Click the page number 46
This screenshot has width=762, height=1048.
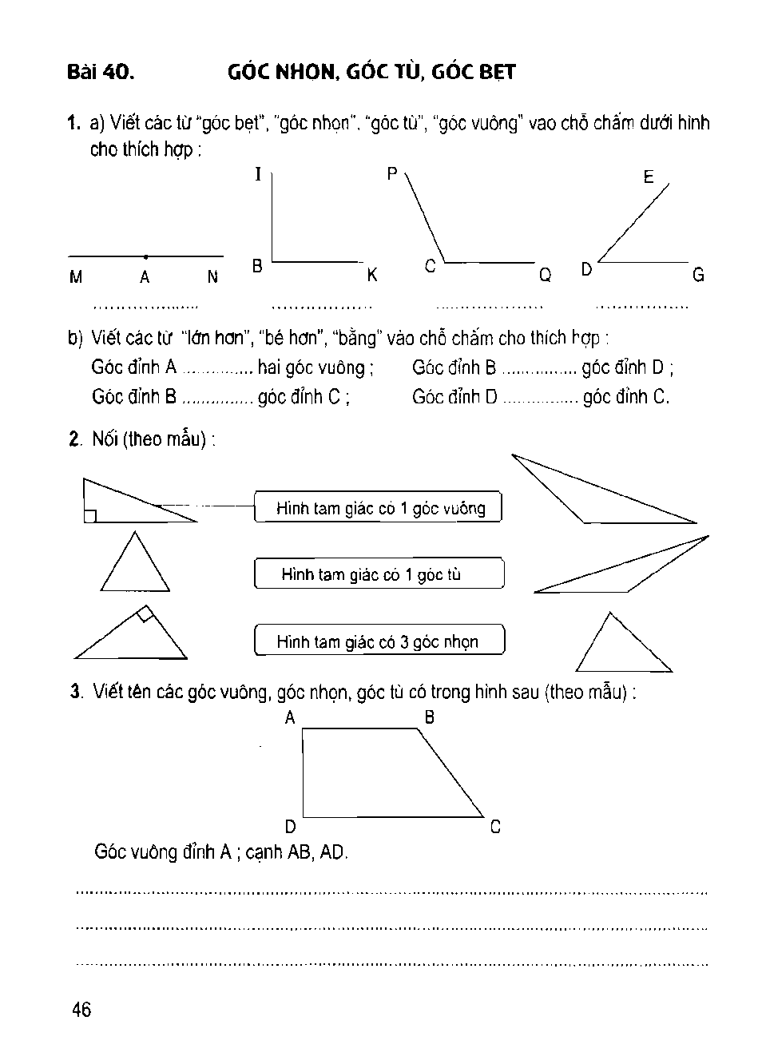[x=81, y=1010]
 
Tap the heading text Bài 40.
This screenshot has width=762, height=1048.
[x=101, y=73]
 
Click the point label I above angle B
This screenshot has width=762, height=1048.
[x=258, y=174]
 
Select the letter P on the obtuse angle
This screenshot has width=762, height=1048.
[x=392, y=173]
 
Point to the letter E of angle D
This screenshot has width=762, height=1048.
[x=649, y=177]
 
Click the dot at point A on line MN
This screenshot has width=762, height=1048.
[x=145, y=257]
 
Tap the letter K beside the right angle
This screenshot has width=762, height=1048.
[x=372, y=276]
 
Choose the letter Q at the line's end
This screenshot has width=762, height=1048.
[x=545, y=276]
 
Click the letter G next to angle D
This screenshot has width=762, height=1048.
[x=698, y=276]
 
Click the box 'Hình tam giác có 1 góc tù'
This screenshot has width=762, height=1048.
[x=379, y=574]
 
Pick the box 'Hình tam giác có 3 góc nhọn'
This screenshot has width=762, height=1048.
[x=379, y=641]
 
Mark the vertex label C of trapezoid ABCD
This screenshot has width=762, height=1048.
[x=495, y=828]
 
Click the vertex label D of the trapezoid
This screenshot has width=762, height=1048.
[x=291, y=827]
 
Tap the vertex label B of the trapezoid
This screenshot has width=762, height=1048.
[x=430, y=717]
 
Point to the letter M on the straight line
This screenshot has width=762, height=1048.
[x=76, y=278]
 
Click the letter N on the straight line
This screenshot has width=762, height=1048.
[x=212, y=277]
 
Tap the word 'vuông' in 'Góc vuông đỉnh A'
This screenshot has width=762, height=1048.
[x=157, y=852]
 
